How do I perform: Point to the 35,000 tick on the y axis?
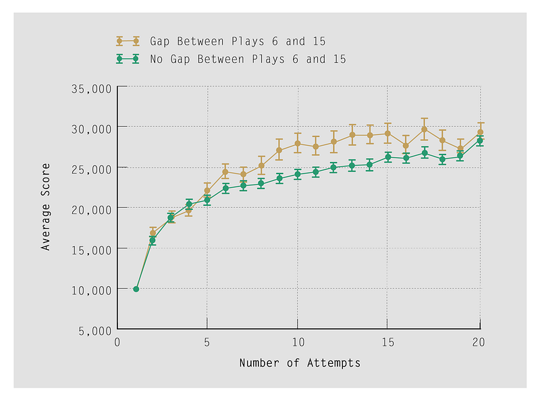point(91,88)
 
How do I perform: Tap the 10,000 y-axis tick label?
point(91,290)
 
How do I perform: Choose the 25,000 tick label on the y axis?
point(91,168)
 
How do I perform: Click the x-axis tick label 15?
point(387,342)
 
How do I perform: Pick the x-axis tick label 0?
point(117,342)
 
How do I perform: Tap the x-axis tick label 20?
point(478,342)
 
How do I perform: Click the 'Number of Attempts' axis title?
point(300,363)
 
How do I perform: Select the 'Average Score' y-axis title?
point(46,207)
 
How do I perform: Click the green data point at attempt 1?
point(136,289)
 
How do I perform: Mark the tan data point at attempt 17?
point(425,129)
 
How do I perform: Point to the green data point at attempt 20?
point(480,141)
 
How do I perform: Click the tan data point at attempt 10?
point(298,143)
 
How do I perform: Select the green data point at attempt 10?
point(298,174)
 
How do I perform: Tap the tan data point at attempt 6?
point(225,171)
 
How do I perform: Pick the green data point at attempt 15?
point(388,157)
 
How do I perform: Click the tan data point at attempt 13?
point(352,135)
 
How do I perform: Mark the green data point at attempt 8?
point(261,183)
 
